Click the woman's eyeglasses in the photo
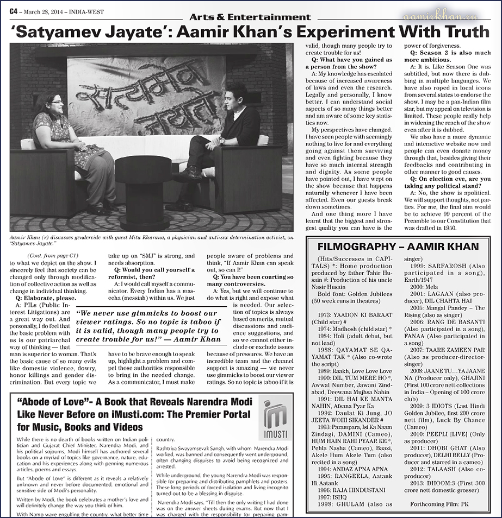click(x=57, y=102)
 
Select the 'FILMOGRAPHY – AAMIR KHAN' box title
click(x=399, y=247)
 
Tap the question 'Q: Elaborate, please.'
click(x=41, y=298)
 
